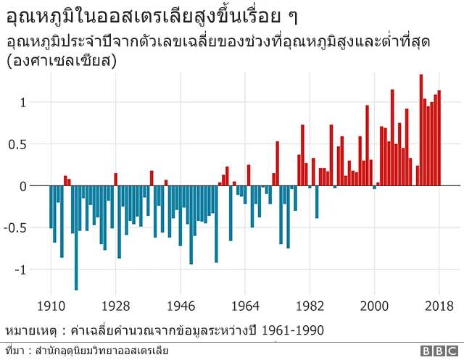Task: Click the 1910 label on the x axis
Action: [51, 305]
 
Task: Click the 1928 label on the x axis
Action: [115, 305]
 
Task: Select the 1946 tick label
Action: [181, 305]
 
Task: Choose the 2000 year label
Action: [374, 305]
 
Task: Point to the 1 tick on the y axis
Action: [23, 102]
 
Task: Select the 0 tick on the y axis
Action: [23, 186]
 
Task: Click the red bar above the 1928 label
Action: [115, 180]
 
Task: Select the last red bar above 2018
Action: [439, 138]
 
